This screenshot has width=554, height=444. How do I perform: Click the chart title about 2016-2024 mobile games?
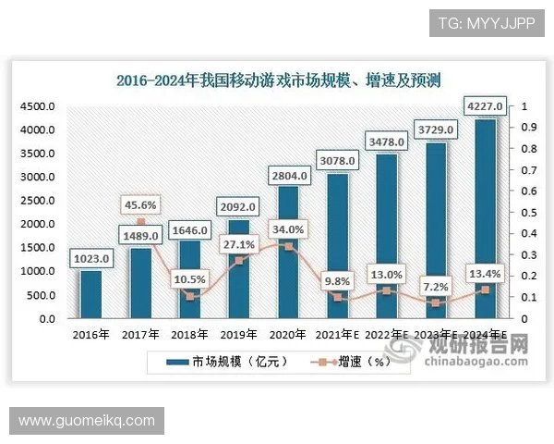tap(278, 80)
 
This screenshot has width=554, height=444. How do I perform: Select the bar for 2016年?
tap(92, 294)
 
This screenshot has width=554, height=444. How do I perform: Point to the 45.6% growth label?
tap(140, 204)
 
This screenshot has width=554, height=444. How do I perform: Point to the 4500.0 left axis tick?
tap(38, 107)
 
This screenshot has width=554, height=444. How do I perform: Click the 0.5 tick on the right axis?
tap(525, 213)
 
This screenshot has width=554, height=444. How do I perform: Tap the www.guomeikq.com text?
tap(87, 421)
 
